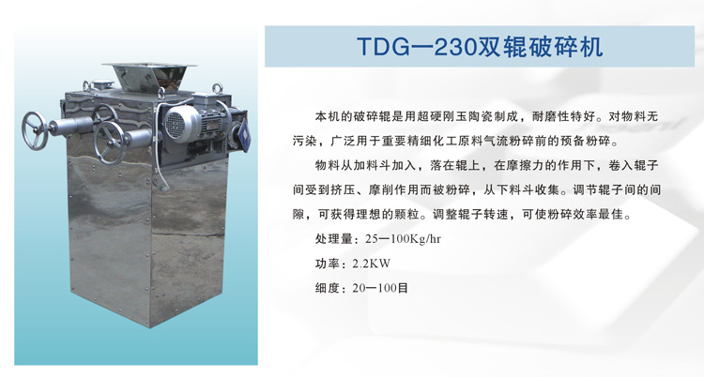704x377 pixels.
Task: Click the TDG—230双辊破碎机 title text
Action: point(480,47)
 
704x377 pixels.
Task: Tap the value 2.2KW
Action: point(372,264)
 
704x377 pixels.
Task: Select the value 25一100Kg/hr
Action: point(404,239)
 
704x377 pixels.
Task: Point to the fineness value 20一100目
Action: point(380,288)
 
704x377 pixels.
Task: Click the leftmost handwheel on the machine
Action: point(34,130)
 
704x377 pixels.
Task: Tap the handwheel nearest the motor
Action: point(110,143)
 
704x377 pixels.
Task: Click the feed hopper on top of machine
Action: point(149,78)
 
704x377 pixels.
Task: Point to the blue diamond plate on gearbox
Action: point(244,133)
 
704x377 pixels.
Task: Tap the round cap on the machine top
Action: point(102,83)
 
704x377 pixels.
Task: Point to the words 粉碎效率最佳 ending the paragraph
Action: point(585,215)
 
